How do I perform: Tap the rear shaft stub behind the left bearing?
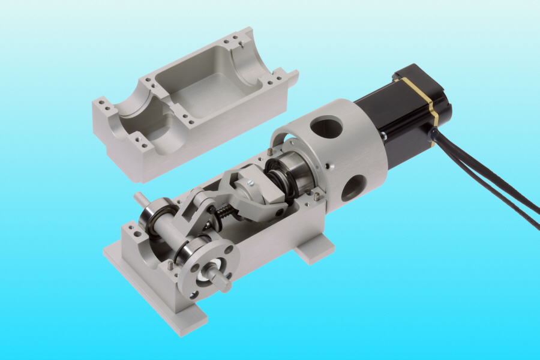(139, 197)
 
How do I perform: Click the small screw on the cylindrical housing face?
(328, 167)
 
